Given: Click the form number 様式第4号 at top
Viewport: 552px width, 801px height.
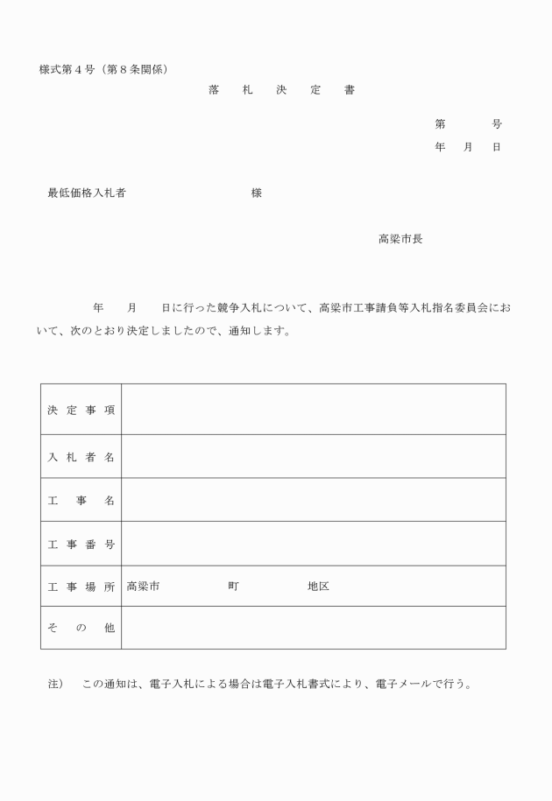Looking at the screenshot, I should coord(67,69).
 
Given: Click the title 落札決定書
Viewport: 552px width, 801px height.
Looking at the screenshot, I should coord(281,91).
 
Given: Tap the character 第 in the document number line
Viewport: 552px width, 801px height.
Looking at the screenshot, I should coord(440,124).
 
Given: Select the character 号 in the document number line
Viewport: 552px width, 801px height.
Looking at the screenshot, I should coord(497,124).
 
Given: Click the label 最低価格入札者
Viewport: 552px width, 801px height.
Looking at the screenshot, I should coord(86,193).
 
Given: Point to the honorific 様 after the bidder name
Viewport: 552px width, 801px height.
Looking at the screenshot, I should coord(256,193).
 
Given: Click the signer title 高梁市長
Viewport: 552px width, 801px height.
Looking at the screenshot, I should coord(400,239).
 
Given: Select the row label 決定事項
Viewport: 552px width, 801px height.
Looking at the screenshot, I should coord(81,410).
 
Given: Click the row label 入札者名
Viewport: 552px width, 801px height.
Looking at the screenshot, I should coord(81,457).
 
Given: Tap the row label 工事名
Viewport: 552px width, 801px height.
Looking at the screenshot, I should coord(81,501).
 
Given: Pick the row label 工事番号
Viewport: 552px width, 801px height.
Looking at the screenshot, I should coord(81,545).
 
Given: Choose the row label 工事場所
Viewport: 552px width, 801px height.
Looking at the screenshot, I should coord(81,587).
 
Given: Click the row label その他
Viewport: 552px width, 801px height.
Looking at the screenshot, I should coord(81,629).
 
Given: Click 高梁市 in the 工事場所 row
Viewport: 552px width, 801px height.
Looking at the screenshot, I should coord(143,587).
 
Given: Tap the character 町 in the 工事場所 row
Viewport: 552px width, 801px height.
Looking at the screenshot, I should coord(233,587).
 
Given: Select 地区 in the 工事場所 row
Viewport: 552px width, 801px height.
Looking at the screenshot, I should coord(318,587).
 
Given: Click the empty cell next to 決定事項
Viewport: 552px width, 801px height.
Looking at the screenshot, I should coord(313,410).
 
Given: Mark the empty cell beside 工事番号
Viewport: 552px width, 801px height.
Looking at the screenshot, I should coord(313,545).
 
